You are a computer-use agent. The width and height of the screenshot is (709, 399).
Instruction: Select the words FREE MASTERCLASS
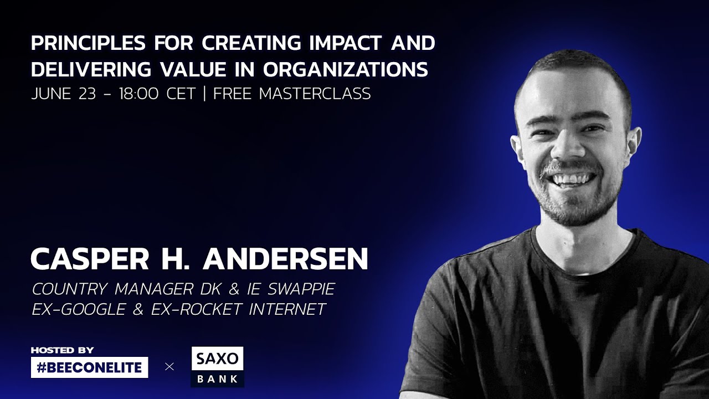tap(292, 94)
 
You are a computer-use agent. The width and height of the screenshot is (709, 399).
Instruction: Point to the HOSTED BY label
tap(63, 350)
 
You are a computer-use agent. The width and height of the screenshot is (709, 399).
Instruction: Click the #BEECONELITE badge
tap(89, 367)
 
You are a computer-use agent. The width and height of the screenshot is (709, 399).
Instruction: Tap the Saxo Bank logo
tap(217, 367)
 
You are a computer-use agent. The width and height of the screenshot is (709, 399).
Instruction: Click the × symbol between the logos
tap(169, 367)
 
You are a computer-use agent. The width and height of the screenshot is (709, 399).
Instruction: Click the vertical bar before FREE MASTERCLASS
tap(205, 94)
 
